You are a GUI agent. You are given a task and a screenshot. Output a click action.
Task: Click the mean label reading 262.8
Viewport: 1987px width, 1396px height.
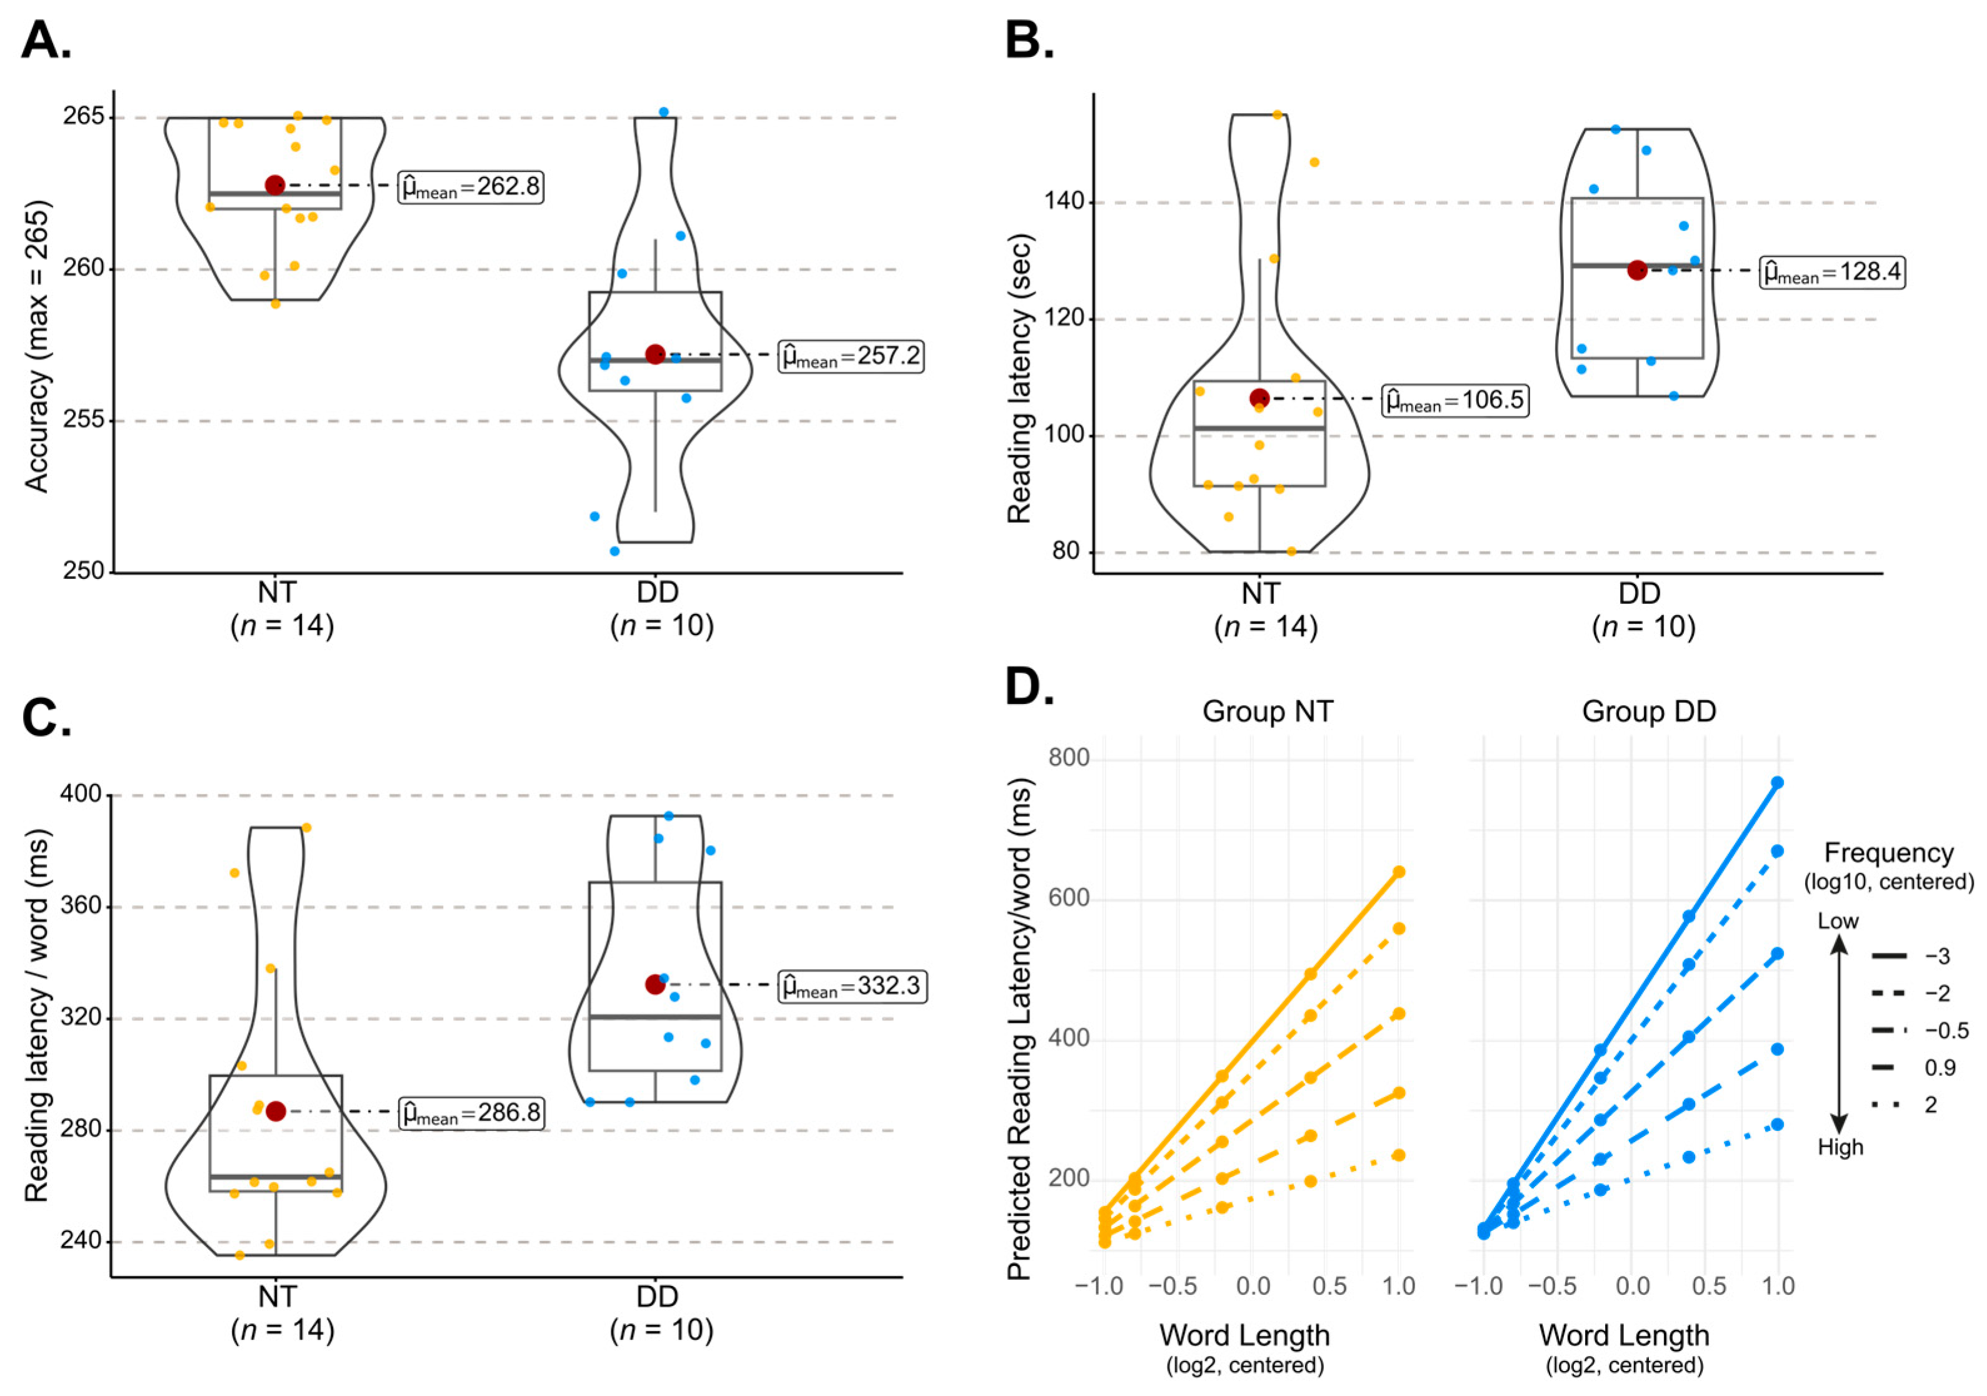471,187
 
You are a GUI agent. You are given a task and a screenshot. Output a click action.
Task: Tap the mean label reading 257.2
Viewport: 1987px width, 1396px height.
851,356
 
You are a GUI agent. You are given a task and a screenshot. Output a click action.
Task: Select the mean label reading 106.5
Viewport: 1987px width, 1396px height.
1454,401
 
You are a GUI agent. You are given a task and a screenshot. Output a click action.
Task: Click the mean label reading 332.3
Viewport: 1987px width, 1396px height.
853,987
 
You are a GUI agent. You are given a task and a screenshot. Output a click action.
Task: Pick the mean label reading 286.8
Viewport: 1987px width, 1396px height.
472,1113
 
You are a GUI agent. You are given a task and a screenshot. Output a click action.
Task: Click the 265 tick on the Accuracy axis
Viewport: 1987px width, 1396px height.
83,117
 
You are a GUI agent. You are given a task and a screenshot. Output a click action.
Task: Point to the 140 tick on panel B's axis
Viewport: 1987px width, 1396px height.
1064,202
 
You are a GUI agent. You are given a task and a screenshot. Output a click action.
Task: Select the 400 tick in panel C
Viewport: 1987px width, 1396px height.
81,795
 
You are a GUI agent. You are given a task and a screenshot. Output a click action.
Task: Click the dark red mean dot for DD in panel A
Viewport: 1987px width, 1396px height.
655,354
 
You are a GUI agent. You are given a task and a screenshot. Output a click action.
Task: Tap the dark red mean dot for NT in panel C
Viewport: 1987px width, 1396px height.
275,1112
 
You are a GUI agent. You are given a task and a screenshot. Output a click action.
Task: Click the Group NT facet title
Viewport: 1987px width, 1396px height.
1267,712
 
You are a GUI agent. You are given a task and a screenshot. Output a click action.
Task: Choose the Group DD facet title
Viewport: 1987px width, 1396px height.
1649,712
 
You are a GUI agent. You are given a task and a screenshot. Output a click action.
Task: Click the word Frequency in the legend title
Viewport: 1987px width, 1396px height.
1888,853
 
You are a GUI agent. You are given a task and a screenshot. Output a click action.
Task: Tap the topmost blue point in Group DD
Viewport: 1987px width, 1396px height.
1778,782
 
